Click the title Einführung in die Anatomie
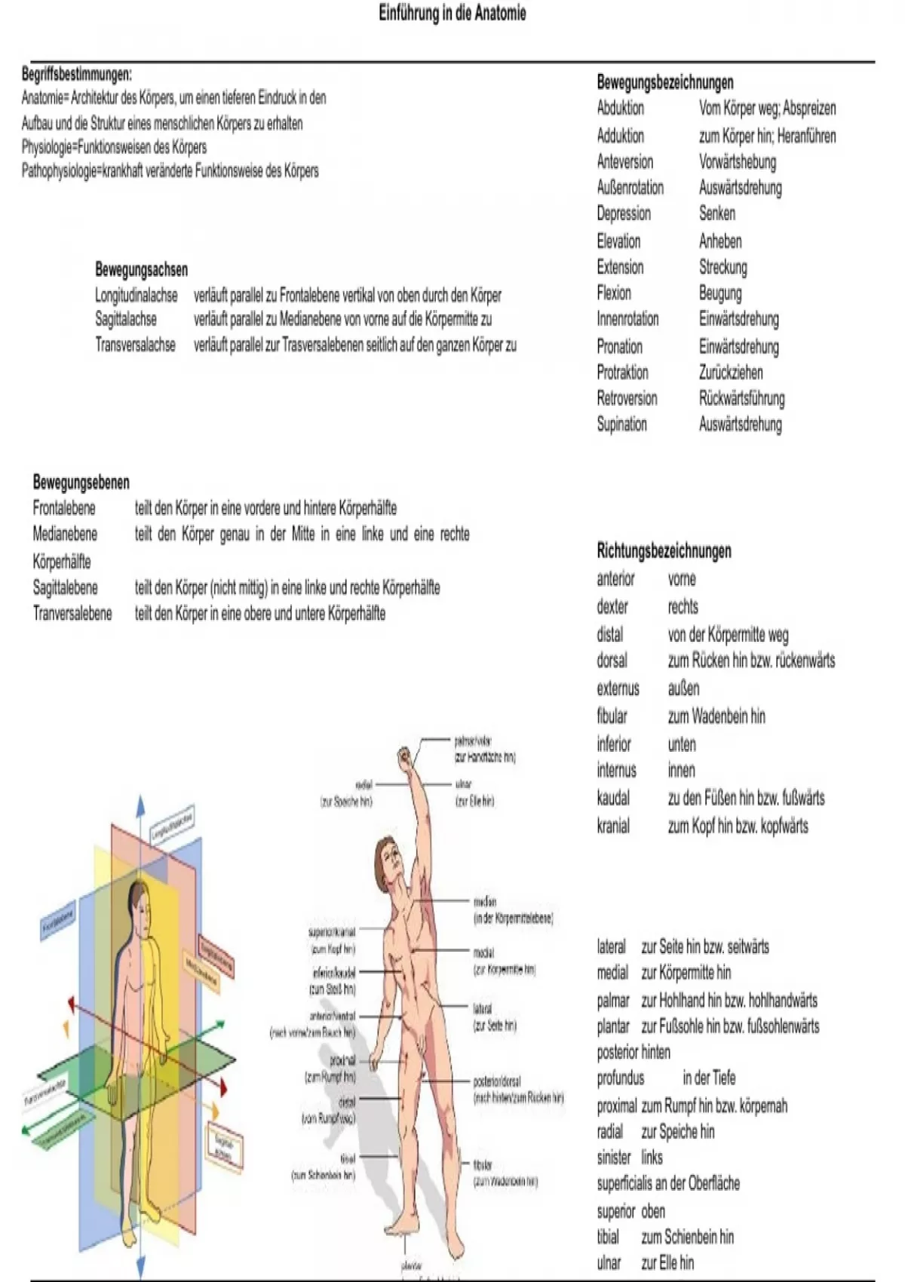coord(452,14)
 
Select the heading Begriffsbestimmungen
coord(76,74)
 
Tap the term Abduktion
coord(620,108)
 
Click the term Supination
coord(621,424)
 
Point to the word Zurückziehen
coord(730,373)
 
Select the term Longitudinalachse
coord(136,295)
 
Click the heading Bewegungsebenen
coord(81,482)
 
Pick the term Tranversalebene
coord(72,613)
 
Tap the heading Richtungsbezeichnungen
coord(664,551)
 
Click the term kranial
coord(612,826)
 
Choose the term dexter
coord(612,606)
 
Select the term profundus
coord(620,1078)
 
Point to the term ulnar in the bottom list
coord(609,1262)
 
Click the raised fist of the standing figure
coord(407,755)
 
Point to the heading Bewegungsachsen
coord(141,269)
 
